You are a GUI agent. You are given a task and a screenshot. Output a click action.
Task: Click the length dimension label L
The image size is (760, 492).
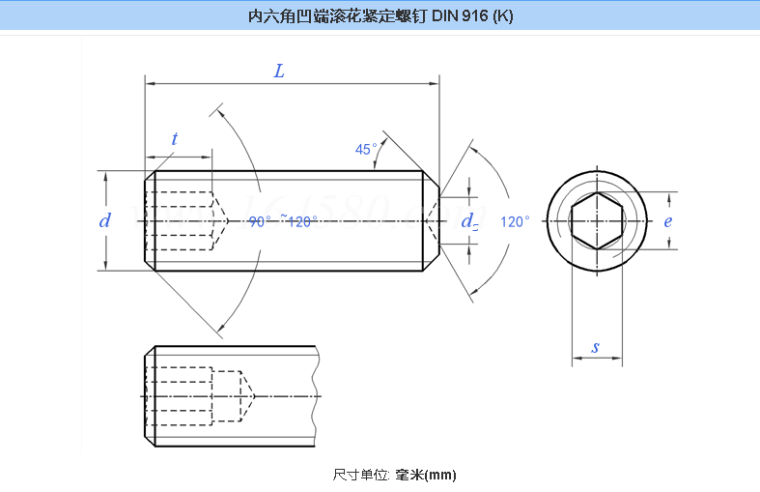tap(279, 72)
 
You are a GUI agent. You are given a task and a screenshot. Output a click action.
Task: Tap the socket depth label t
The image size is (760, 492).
tap(175, 139)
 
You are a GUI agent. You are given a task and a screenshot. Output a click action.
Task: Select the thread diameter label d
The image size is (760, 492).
tap(105, 220)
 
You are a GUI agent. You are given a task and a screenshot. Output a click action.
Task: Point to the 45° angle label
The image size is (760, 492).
tap(366, 150)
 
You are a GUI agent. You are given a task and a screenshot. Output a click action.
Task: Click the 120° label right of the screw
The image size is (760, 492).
tap(516, 221)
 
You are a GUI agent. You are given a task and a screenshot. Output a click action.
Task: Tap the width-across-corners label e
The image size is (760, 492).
tap(668, 220)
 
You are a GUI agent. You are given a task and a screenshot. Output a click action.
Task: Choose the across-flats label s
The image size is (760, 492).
tap(596, 346)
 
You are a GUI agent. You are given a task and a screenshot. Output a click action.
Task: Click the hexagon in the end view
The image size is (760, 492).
tap(597, 220)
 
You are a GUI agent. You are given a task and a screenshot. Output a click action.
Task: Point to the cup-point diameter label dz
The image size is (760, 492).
tap(470, 221)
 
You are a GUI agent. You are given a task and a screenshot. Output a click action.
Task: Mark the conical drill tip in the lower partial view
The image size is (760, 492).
tap(246, 396)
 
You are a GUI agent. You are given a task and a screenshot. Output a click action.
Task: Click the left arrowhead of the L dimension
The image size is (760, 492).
tap(149, 84)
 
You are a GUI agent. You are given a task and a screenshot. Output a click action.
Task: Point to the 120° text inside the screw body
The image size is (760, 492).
tap(302, 221)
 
